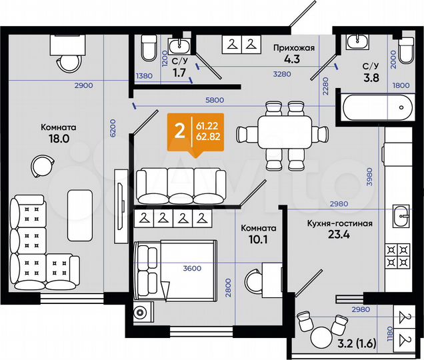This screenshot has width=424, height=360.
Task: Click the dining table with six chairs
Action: coord(285,134)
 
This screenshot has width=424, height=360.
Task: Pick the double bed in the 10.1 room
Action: coord(176,268)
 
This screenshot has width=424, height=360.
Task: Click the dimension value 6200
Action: coord(113,128)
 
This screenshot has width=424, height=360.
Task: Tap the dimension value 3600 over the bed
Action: coord(191,269)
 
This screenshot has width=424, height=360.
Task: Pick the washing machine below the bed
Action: coord(141,313)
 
